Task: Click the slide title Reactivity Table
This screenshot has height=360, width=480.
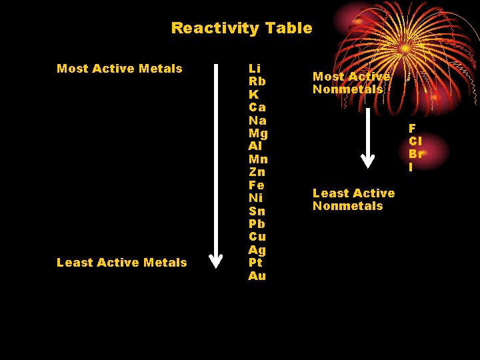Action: point(241,28)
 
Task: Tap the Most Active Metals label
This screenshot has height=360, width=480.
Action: point(119,69)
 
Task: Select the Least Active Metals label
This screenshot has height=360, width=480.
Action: point(122,263)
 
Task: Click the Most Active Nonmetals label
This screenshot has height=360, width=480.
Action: point(351,83)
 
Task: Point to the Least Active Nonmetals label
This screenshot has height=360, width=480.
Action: point(353,199)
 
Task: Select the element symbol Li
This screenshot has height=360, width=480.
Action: point(255,69)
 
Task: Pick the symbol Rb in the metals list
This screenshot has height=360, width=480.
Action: point(256,81)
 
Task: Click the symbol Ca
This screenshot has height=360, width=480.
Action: point(257,107)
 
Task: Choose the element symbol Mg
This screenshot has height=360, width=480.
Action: point(258,133)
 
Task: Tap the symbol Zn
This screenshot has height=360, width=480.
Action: point(257,172)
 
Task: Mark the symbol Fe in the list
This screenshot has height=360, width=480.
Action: point(257,185)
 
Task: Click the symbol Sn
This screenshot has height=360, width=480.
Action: point(257,211)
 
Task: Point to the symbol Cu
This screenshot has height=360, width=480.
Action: point(257,237)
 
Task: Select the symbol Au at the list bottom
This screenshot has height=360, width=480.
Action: point(257,275)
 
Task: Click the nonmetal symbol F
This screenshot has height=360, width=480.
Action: point(412,128)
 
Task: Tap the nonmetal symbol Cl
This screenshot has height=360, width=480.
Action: point(415,141)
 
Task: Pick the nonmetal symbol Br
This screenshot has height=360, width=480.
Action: point(416,154)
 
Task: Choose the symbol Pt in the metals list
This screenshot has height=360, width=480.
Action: point(255,263)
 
